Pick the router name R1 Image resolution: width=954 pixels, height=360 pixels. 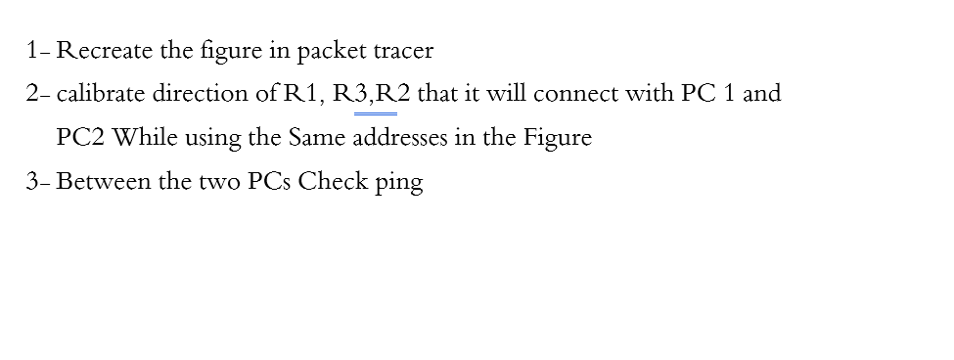[x=299, y=94]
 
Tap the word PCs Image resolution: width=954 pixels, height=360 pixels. [x=268, y=182]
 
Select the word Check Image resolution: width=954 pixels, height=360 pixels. [x=334, y=182]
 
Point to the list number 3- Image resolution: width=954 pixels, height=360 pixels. [x=39, y=182]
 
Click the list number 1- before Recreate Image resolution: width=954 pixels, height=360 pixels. [x=39, y=50]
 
